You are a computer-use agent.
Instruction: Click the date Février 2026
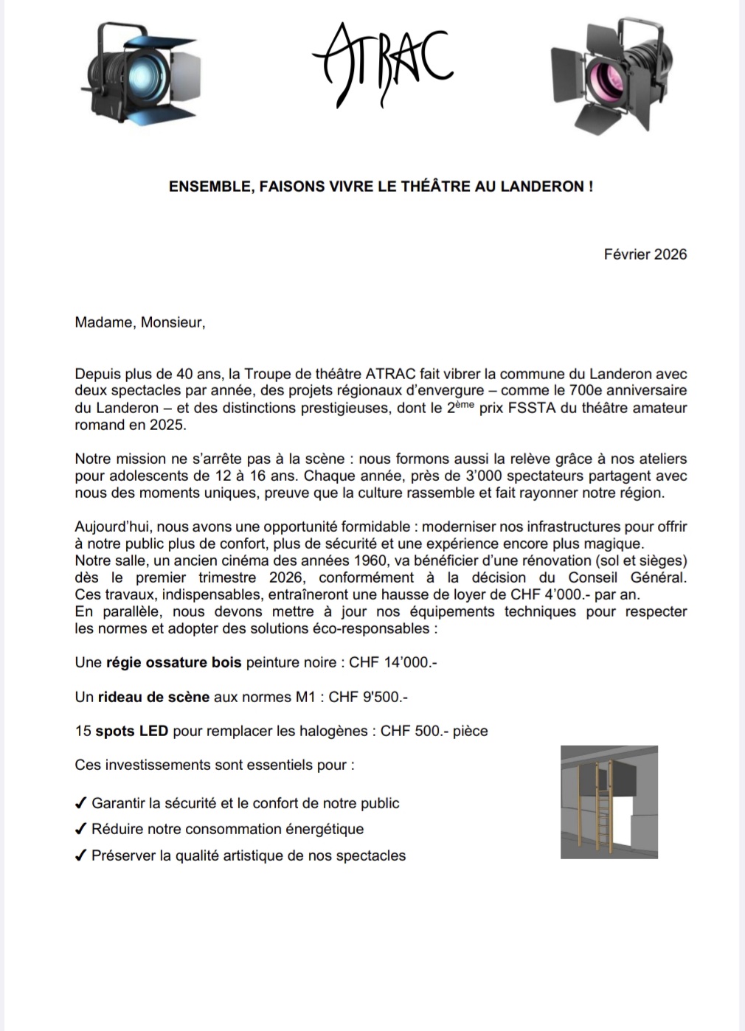[645, 254]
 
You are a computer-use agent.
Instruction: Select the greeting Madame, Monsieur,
[140, 322]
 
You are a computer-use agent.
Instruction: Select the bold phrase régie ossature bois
[174, 662]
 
